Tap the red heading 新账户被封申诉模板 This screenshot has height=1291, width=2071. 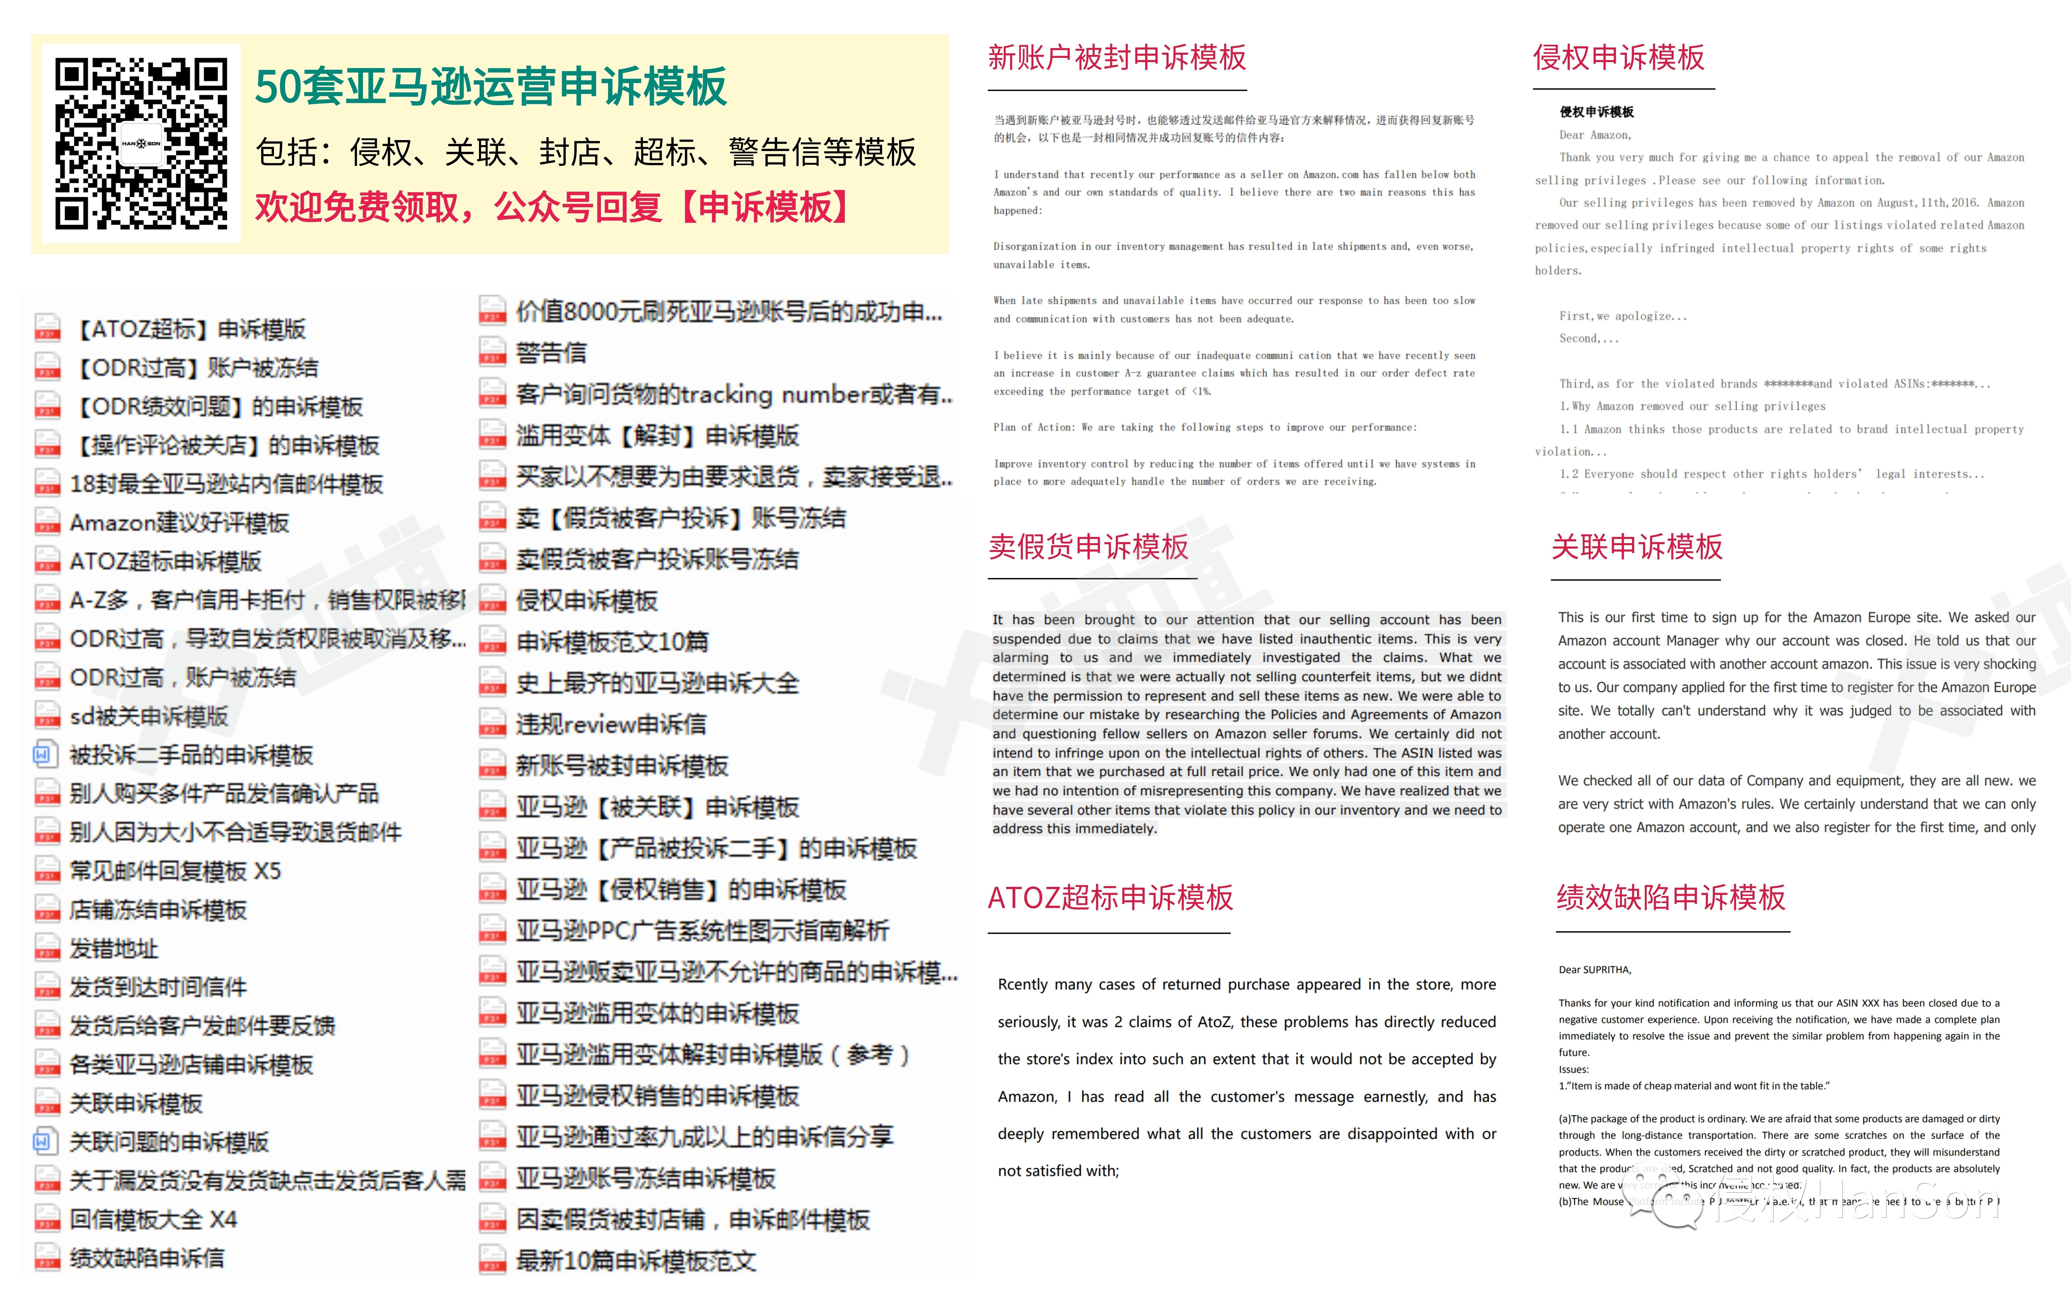1117,58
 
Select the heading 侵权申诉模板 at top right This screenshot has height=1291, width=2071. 1619,58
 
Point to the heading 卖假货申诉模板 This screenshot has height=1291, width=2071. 1088,547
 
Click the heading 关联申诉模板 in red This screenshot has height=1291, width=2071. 1636,547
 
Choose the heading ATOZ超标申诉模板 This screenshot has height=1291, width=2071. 1110,897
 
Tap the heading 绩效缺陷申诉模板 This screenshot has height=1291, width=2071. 1671,897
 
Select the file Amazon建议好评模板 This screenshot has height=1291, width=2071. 179,523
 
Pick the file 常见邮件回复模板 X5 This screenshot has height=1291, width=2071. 175,871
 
